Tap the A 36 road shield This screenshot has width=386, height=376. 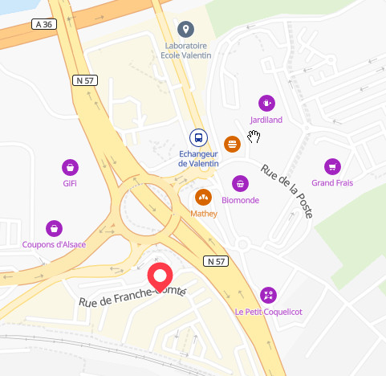click(x=46, y=25)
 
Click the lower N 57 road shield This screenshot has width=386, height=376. click(x=216, y=261)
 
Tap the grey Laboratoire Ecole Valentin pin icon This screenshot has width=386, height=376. click(x=186, y=30)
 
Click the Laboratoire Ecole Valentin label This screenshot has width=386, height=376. click(x=185, y=51)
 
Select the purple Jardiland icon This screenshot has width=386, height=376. click(x=266, y=103)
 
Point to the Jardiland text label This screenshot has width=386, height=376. click(x=266, y=121)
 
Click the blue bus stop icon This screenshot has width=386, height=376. click(x=198, y=137)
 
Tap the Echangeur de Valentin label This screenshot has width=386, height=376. click(x=198, y=158)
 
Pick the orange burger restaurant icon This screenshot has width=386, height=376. click(x=233, y=144)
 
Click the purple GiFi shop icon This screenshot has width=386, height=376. click(x=71, y=167)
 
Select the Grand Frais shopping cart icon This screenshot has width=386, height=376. click(x=331, y=166)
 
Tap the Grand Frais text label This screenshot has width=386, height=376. click(x=332, y=183)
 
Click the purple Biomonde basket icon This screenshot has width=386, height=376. click(x=240, y=184)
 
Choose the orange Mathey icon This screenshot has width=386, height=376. click(x=203, y=197)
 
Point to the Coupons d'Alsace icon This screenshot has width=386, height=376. click(x=54, y=228)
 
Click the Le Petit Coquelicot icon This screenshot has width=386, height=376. click(x=268, y=295)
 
